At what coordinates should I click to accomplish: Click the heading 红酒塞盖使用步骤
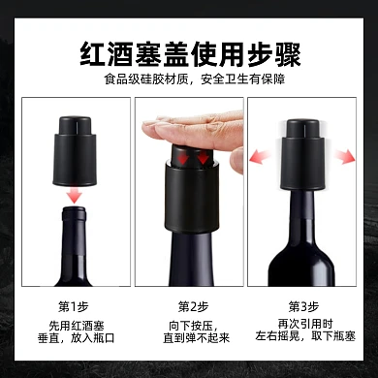pyautogui.click(x=188, y=50)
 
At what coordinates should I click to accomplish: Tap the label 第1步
pyautogui.click(x=73, y=305)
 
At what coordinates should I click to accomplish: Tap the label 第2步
pyautogui.click(x=190, y=305)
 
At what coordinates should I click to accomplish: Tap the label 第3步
pyautogui.click(x=303, y=305)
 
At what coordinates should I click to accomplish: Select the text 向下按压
pyautogui.click(x=190, y=329)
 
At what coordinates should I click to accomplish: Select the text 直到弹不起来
pyautogui.click(x=190, y=344)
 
